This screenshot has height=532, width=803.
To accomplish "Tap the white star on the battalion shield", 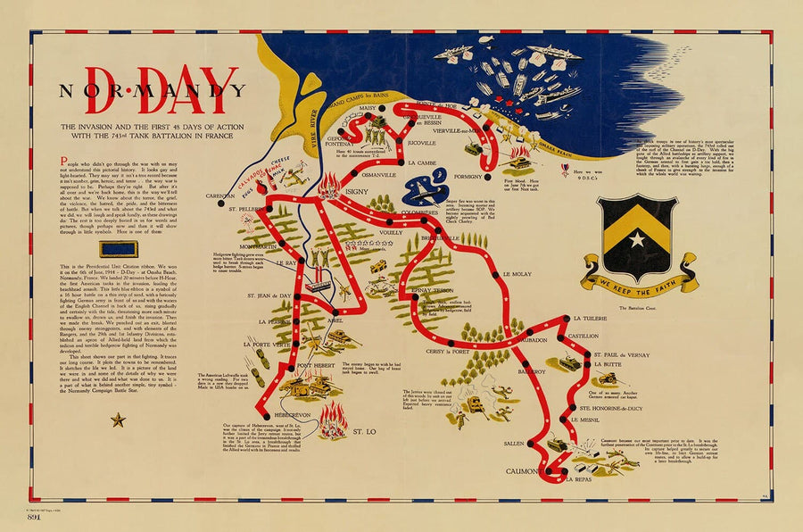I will click(x=637, y=239).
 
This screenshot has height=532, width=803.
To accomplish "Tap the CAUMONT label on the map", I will click(x=526, y=470).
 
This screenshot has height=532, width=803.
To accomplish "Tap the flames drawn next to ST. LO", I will click(x=333, y=418).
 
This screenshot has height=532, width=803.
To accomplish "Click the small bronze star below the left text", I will click(x=118, y=420).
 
